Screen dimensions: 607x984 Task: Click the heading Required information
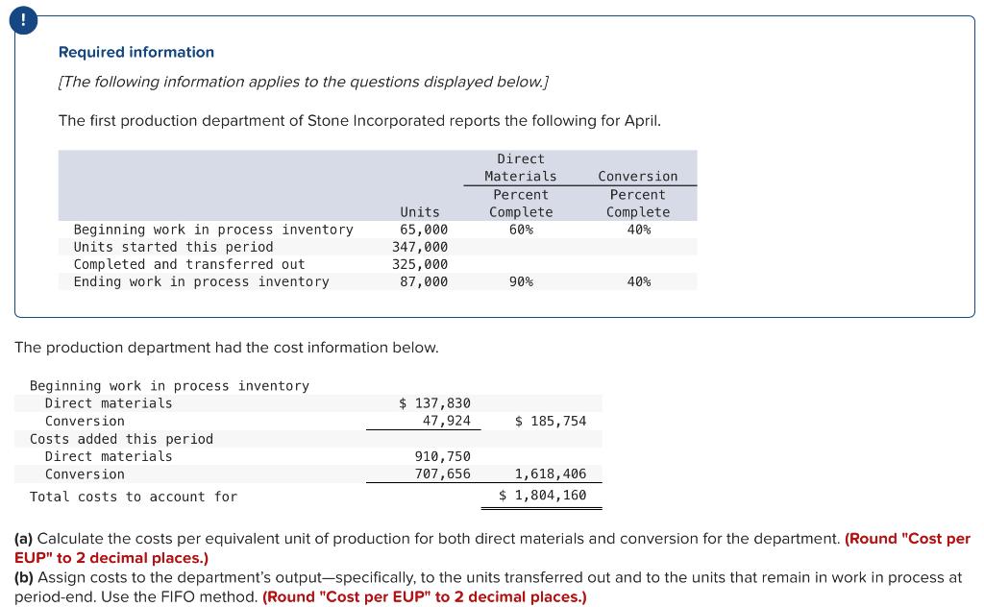click(136, 52)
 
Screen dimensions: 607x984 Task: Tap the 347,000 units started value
click(420, 247)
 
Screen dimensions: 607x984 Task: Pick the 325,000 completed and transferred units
click(420, 264)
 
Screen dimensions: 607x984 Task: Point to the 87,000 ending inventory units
click(424, 281)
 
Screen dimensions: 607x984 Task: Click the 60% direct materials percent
click(521, 230)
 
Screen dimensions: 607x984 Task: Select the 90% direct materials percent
click(521, 281)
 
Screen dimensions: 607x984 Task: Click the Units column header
click(420, 211)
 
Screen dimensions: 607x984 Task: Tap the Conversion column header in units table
click(637, 177)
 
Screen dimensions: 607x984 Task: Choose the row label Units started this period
click(173, 247)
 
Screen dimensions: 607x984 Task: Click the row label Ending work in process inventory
click(201, 281)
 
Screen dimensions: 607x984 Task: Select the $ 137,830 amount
click(434, 403)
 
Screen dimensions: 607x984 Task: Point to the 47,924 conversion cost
click(446, 421)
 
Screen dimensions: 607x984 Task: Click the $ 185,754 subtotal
click(551, 421)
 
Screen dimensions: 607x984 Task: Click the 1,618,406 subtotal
click(551, 473)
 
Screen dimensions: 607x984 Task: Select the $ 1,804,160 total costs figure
click(543, 496)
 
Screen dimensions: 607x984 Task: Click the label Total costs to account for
click(134, 497)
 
